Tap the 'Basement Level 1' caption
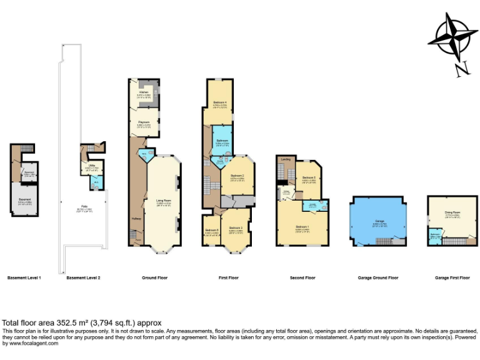pos(24,277)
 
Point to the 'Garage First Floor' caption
pos(452,277)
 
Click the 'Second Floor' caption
pos(302,277)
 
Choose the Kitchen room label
pos(143,91)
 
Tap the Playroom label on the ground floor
pos(144,122)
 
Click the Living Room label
pos(163,201)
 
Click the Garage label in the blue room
pos(379,222)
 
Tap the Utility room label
pos(91,166)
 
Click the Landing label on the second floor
pos(285,160)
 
